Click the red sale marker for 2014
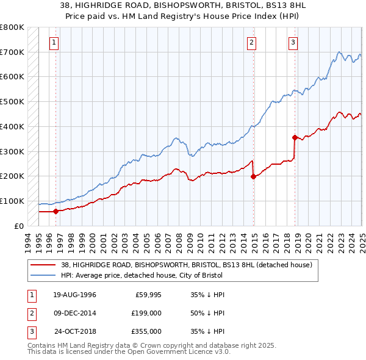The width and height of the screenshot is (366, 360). coord(253,176)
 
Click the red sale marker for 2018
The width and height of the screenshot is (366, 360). coord(295,137)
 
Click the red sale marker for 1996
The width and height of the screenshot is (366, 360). coord(56,211)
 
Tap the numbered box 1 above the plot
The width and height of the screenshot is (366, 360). coord(54,42)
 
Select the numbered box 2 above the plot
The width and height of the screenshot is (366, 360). coord(251,42)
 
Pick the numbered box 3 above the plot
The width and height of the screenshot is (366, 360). coord(293,42)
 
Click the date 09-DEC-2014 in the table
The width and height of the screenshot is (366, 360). coord(74,313)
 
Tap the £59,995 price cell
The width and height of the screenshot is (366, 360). coord(147,295)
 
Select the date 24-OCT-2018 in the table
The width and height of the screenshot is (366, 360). coord(75,331)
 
